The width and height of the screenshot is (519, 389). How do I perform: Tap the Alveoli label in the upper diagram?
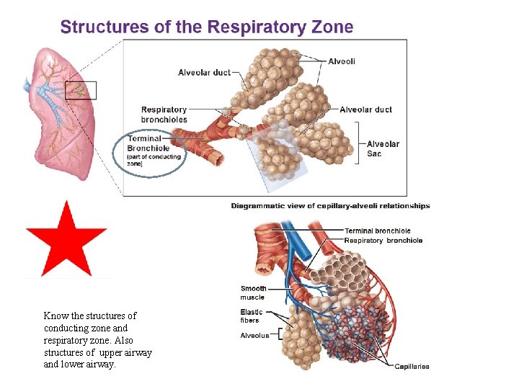pos(342,61)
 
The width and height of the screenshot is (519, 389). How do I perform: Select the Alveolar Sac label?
pos(383,148)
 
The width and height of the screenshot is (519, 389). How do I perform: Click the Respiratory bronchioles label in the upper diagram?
pos(164,115)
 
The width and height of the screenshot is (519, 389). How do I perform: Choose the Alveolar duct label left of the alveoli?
pos(204,72)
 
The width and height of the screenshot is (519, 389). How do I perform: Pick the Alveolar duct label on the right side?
pos(365,109)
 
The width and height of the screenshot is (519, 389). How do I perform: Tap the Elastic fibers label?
pos(252,316)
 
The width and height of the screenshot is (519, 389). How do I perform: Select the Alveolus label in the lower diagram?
pos(254,335)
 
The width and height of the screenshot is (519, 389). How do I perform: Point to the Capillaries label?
pos(412,367)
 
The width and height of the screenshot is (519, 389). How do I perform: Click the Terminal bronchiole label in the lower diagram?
pos(377,231)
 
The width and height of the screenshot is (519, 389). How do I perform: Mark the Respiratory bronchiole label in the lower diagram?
pos(383,241)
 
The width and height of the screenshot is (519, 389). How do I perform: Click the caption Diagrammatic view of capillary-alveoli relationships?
pos(330,206)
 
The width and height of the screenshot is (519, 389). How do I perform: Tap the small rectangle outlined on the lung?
pos(80,90)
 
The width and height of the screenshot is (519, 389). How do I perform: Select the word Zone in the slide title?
pos(332,27)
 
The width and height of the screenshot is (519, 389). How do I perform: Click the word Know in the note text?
pos(55,316)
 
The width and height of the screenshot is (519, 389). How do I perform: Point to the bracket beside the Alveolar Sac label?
pos(358,144)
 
